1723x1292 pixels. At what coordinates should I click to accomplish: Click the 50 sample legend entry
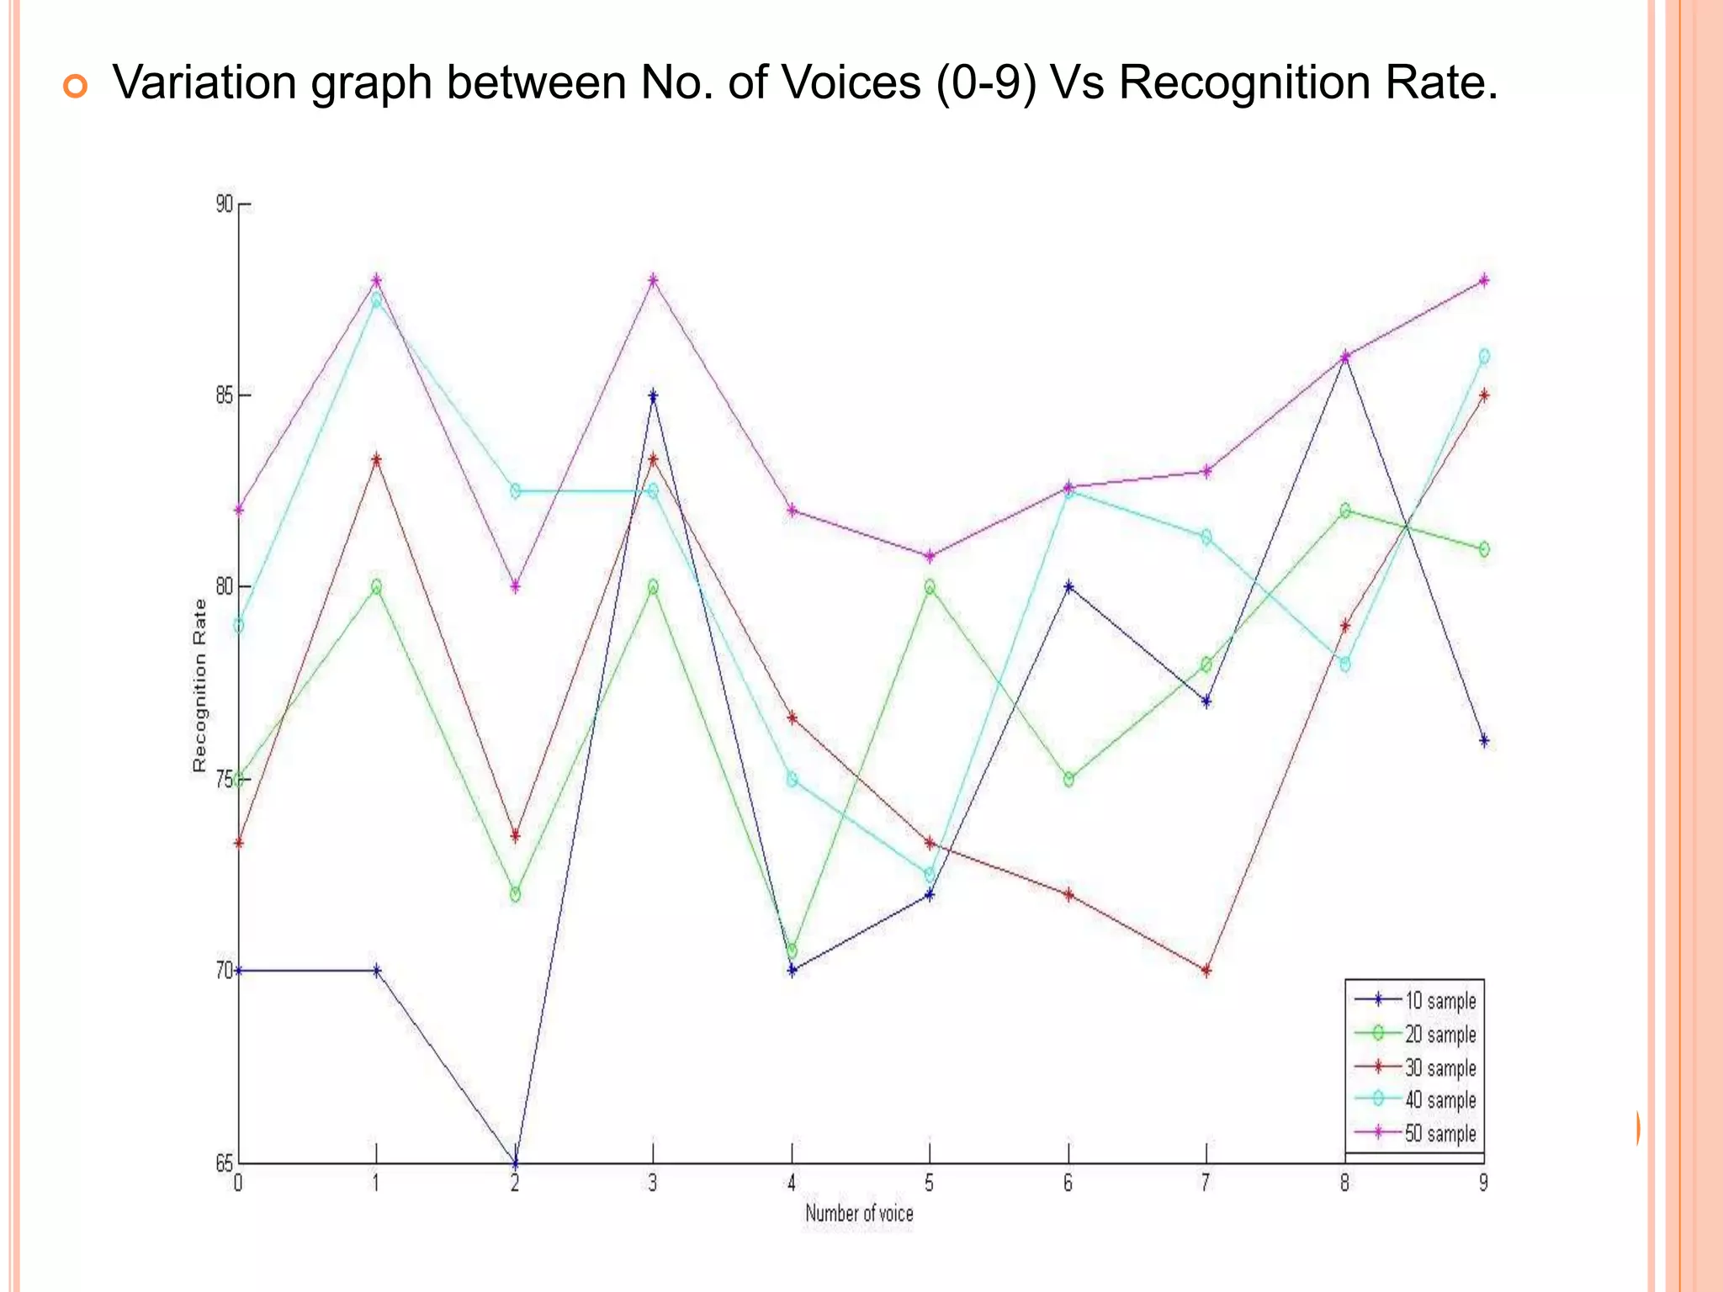tap(1439, 1134)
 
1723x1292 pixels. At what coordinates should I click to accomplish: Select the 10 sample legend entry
tap(1439, 1001)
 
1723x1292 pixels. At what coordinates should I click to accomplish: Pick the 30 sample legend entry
tap(1439, 1068)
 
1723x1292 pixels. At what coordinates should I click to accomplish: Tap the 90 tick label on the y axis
tap(224, 204)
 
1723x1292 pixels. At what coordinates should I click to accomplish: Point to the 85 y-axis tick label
tap(224, 395)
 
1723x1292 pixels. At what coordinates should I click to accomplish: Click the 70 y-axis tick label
tap(224, 970)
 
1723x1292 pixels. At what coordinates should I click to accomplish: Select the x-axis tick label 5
tap(929, 1183)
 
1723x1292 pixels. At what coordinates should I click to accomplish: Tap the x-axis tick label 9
tap(1483, 1183)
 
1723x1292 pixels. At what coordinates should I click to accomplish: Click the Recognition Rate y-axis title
tap(199, 685)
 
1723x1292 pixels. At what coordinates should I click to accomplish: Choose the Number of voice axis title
tap(859, 1213)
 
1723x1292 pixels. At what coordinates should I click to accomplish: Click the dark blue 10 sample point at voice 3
tap(653, 395)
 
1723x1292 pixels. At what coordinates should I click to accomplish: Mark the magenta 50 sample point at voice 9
tap(1484, 280)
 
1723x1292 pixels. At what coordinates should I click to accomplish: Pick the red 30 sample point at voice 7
tap(1206, 971)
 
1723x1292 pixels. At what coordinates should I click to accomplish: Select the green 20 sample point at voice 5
tap(930, 586)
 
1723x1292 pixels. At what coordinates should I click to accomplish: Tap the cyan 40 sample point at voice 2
tap(515, 491)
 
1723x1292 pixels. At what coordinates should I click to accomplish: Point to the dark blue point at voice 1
tap(376, 970)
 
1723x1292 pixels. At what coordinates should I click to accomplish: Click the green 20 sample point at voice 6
tap(1068, 780)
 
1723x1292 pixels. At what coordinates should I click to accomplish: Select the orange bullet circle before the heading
tap(75, 86)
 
